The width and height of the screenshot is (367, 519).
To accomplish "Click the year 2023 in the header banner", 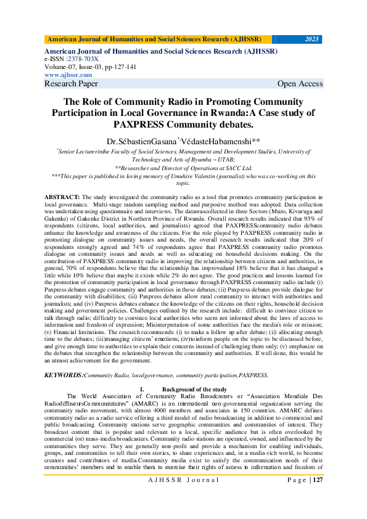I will (x=311, y=39).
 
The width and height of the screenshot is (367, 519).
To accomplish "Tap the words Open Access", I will (x=300, y=84).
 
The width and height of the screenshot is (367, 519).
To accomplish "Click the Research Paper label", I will (x=71, y=84).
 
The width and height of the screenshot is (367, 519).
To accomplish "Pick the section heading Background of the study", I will (x=195, y=389).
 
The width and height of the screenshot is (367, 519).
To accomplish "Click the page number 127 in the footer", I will (x=317, y=497).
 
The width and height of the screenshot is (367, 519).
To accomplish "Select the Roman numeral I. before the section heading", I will (x=142, y=389).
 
